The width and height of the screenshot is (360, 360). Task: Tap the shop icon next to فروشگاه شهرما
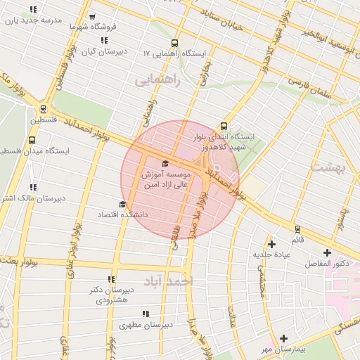pyautogui.click(x=91, y=17)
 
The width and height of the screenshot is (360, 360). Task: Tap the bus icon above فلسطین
pyautogui.click(x=44, y=109)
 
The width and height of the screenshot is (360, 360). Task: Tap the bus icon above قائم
pyautogui.click(x=298, y=229)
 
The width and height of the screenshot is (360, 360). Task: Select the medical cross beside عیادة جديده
pyautogui.click(x=271, y=243)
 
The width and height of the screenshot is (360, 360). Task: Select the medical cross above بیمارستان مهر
pyautogui.click(x=283, y=338)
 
